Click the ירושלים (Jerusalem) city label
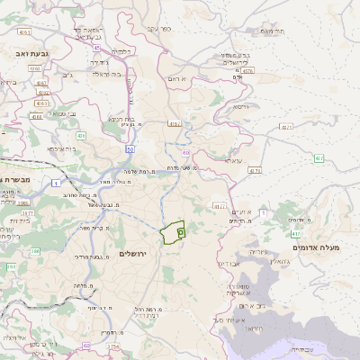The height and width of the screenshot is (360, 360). (x=138, y=254)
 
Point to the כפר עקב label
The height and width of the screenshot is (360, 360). (x=159, y=30)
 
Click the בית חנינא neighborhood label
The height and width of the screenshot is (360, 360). (x=121, y=119)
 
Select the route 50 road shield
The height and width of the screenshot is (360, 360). (x=130, y=149)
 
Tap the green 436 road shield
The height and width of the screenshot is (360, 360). (x=81, y=136)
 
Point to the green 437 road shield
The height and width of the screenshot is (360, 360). (x=319, y=158)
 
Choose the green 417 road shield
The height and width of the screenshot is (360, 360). (x=297, y=233)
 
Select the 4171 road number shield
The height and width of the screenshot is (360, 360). (x=255, y=169)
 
